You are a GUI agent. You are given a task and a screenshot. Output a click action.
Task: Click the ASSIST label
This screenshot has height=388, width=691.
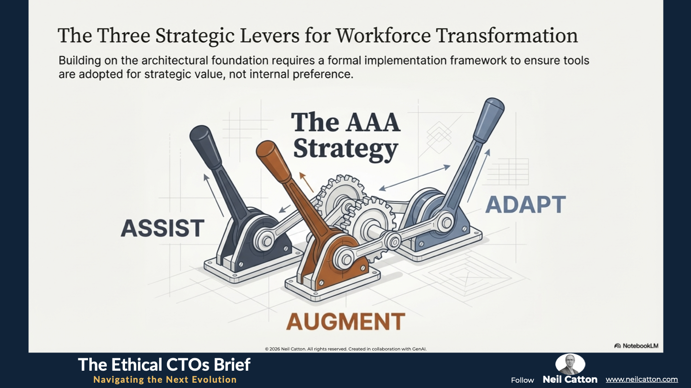click(163, 228)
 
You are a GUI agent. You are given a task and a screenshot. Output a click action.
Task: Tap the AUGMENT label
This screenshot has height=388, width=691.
click(345, 321)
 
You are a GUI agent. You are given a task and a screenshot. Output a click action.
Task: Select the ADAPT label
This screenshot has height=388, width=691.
click(526, 204)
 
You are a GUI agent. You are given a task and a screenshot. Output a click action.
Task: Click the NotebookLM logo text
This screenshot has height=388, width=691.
click(636, 346)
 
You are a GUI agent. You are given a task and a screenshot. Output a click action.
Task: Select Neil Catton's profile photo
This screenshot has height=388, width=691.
click(570, 364)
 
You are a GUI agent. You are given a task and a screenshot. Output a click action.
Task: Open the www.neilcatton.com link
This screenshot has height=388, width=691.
click(641, 379)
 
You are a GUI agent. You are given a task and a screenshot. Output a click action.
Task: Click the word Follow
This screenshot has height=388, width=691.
click(522, 380)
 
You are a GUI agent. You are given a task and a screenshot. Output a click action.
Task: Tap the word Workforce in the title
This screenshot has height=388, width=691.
click(383, 35)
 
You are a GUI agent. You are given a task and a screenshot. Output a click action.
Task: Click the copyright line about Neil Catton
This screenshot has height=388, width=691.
click(345, 349)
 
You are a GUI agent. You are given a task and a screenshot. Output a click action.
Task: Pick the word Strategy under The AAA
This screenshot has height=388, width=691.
click(345, 149)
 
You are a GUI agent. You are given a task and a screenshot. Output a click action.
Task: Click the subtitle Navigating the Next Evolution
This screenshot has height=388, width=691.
click(165, 379)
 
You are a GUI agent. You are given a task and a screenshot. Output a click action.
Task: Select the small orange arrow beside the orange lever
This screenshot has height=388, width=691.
click(306, 182)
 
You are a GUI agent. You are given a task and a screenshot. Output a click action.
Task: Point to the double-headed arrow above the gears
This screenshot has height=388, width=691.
click(415, 178)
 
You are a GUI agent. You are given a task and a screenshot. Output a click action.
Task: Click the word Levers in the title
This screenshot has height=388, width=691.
click(270, 35)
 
